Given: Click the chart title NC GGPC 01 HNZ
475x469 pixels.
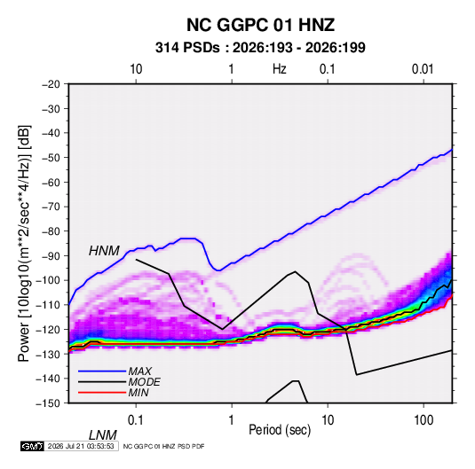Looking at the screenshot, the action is (260, 25).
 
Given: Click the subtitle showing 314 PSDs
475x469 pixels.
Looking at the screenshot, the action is (260, 48).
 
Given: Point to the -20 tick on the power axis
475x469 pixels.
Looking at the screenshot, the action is (51, 84).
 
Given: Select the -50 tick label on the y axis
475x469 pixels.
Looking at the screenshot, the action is (51, 157).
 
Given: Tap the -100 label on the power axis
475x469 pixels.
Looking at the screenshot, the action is (48, 280).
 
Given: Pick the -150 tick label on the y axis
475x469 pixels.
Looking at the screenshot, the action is (48, 403).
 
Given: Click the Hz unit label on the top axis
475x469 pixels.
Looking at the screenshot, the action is (280, 69).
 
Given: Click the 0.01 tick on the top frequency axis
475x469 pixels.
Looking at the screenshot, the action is (423, 69).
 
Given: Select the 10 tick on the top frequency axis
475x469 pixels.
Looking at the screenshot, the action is (136, 69).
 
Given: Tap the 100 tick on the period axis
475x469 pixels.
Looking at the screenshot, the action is (424, 420).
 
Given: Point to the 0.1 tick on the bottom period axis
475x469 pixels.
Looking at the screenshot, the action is (135, 420).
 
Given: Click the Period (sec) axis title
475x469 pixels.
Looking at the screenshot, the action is (280, 430).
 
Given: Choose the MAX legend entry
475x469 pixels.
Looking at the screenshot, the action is (139, 371).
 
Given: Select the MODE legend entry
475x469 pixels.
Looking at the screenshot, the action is (144, 382).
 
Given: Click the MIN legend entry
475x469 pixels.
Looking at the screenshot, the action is (139, 393).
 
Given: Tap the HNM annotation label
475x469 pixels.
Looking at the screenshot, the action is (104, 251).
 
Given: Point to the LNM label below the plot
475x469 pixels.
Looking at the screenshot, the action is (102, 435).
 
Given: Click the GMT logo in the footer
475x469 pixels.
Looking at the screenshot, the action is (32, 446).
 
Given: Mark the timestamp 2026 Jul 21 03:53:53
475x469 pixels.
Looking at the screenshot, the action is (81, 446).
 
